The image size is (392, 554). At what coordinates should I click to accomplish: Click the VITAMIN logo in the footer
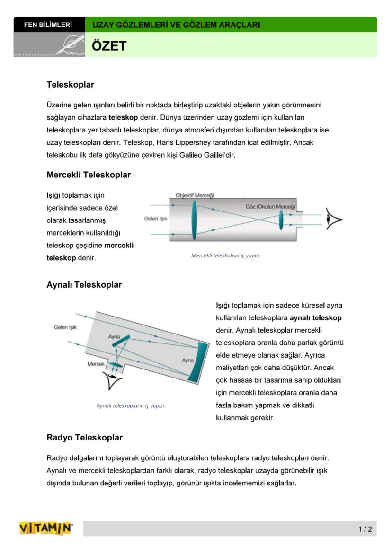(46, 528)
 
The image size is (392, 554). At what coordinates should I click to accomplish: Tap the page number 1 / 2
(365, 529)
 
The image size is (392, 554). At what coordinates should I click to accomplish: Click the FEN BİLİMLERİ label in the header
(48, 25)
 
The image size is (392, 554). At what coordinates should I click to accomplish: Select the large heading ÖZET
(109, 46)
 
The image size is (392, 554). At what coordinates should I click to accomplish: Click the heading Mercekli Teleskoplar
(89, 175)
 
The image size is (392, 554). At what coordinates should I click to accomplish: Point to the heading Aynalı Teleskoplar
(84, 285)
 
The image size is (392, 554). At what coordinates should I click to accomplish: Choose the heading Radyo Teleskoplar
(84, 438)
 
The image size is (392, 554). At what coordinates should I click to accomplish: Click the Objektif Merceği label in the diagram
(194, 195)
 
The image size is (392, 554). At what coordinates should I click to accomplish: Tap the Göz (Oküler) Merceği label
(270, 207)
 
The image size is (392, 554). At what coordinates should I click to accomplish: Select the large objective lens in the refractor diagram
(194, 220)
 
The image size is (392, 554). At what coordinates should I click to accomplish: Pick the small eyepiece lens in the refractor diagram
(281, 220)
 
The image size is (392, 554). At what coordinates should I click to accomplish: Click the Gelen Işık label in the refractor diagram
(156, 219)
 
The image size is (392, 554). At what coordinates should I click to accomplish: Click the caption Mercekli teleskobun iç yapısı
(225, 255)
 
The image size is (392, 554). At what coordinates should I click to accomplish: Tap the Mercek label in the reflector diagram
(96, 364)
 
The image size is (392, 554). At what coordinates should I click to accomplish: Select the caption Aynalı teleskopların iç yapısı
(130, 405)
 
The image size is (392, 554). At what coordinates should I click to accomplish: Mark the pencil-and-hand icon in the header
(69, 45)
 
